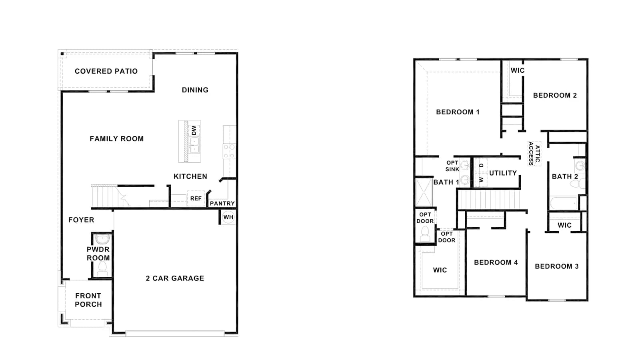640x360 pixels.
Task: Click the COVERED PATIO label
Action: [x=106, y=71]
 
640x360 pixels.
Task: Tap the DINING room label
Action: [x=195, y=90]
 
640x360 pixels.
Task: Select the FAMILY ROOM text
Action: [x=116, y=139]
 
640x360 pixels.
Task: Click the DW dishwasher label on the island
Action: [x=194, y=130]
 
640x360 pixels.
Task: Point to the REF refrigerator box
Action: [x=196, y=198]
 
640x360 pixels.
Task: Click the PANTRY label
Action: [x=222, y=204]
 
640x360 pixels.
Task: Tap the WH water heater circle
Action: [x=228, y=217]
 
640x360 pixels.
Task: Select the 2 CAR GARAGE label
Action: [x=175, y=278]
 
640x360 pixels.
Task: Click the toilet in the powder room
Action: [x=102, y=269]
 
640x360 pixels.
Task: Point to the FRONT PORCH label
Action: [x=88, y=300]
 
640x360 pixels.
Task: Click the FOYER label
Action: [x=81, y=220]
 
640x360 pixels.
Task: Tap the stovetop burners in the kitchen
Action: [x=229, y=151]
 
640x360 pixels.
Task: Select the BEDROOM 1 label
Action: [x=458, y=112]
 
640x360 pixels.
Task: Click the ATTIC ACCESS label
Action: [x=534, y=154]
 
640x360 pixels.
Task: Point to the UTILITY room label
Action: [x=503, y=173]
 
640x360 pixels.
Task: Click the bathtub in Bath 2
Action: [x=564, y=203]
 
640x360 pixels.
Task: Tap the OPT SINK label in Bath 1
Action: [x=452, y=166]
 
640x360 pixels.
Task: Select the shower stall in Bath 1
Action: [x=424, y=192]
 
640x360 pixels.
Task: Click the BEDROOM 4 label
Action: [x=496, y=262]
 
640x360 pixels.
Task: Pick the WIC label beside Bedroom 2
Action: [x=518, y=70]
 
